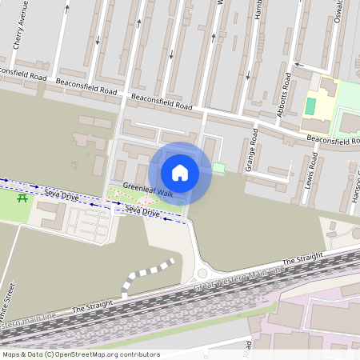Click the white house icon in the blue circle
(x=180, y=172)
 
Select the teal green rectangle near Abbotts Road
(x=310, y=106)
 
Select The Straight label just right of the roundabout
(x=302, y=259)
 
